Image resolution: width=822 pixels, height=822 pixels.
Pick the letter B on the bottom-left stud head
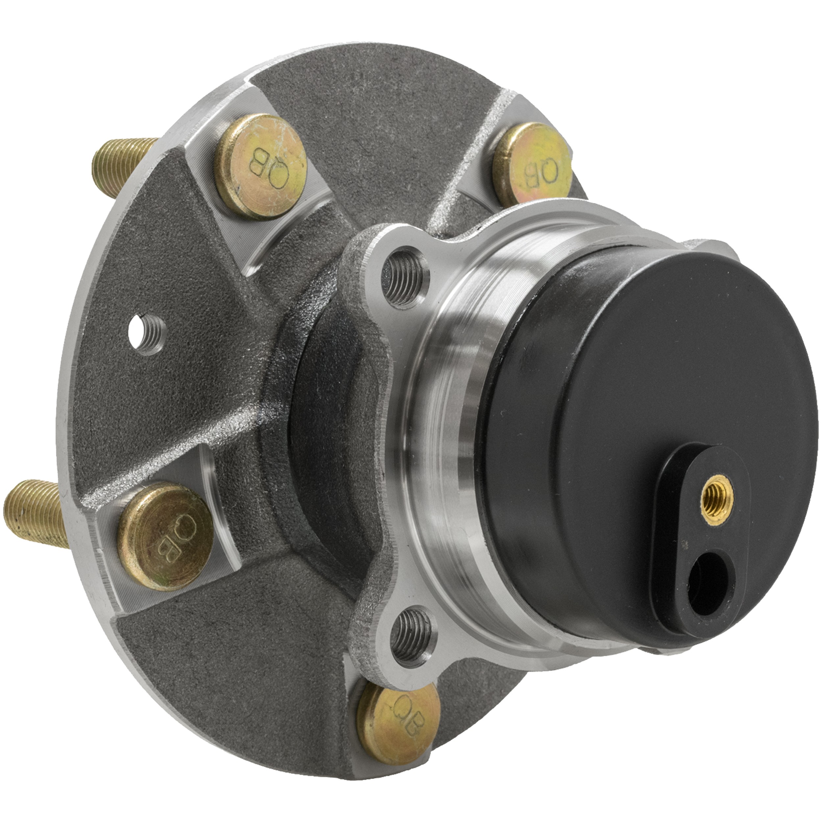[168, 545]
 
